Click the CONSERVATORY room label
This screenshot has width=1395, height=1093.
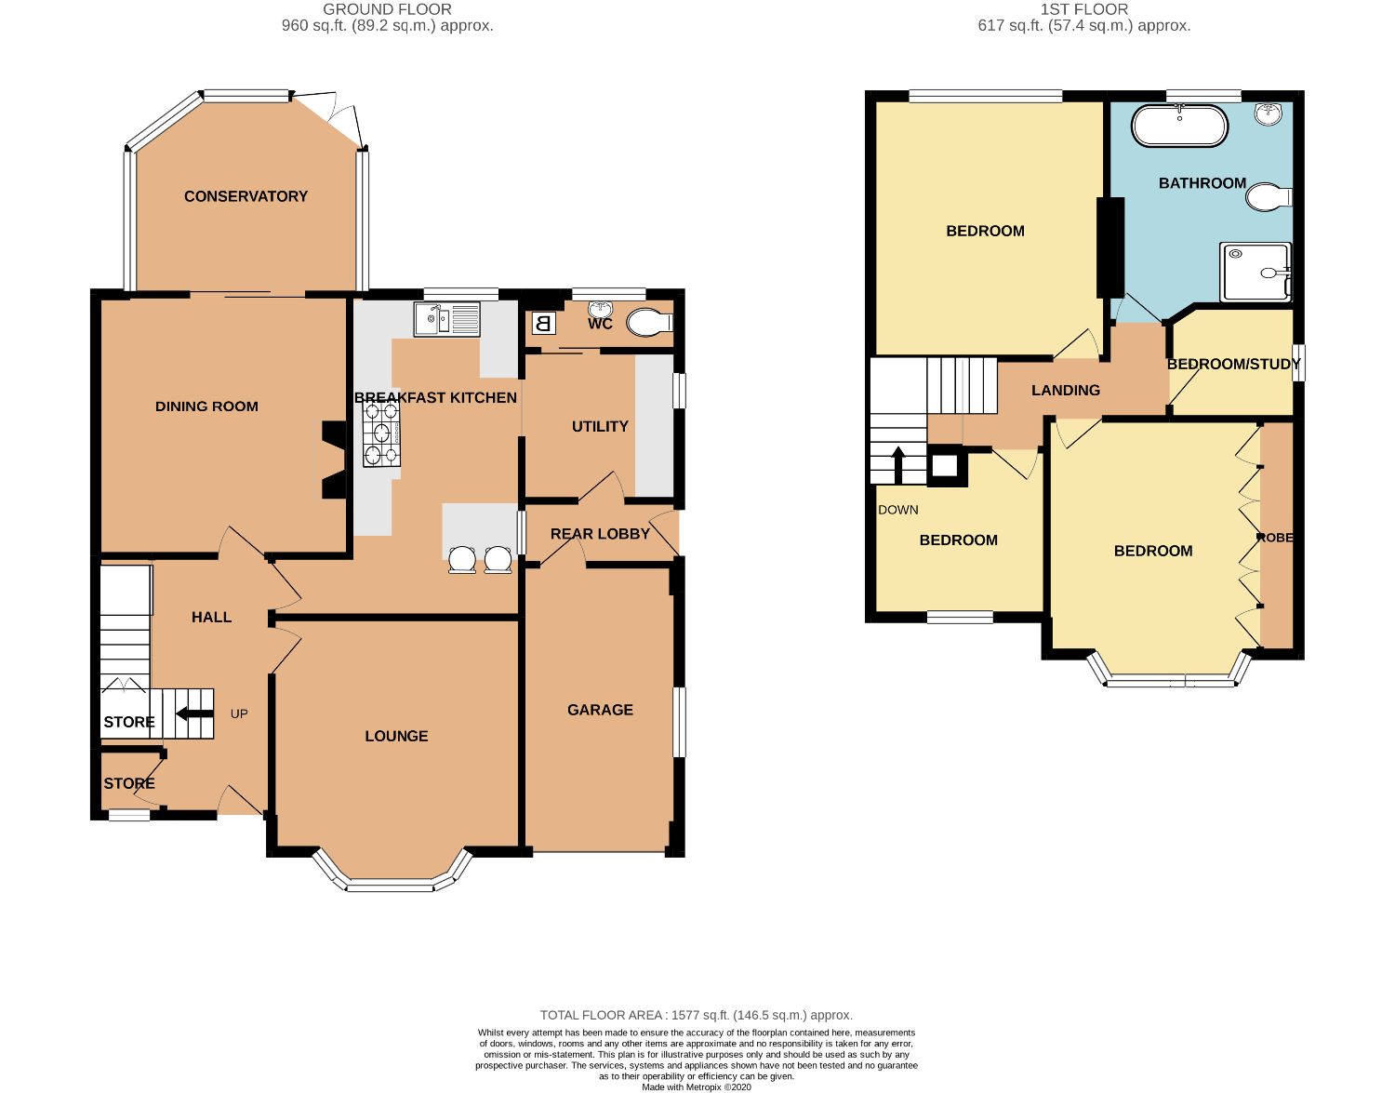(246, 196)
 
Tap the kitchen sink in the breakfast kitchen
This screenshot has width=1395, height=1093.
(446, 320)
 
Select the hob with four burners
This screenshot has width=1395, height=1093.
(381, 435)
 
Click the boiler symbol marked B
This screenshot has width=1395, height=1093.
(543, 323)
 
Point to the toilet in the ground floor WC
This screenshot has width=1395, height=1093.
(649, 322)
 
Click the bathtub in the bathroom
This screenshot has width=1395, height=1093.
(1179, 126)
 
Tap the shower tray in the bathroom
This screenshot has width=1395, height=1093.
(1255, 273)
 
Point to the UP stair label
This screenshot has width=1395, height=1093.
(239, 713)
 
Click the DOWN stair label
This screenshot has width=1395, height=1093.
(897, 511)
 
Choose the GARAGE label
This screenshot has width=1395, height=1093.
(600, 710)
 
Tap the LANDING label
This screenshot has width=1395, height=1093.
(1066, 390)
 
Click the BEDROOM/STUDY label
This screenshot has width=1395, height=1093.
(1233, 365)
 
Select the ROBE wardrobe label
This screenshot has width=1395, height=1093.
(1275, 538)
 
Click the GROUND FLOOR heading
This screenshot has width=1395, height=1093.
(387, 9)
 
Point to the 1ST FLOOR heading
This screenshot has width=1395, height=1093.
(1084, 9)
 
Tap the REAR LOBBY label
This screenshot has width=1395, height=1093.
(600, 534)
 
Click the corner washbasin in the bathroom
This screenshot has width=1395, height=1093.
(1268, 114)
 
